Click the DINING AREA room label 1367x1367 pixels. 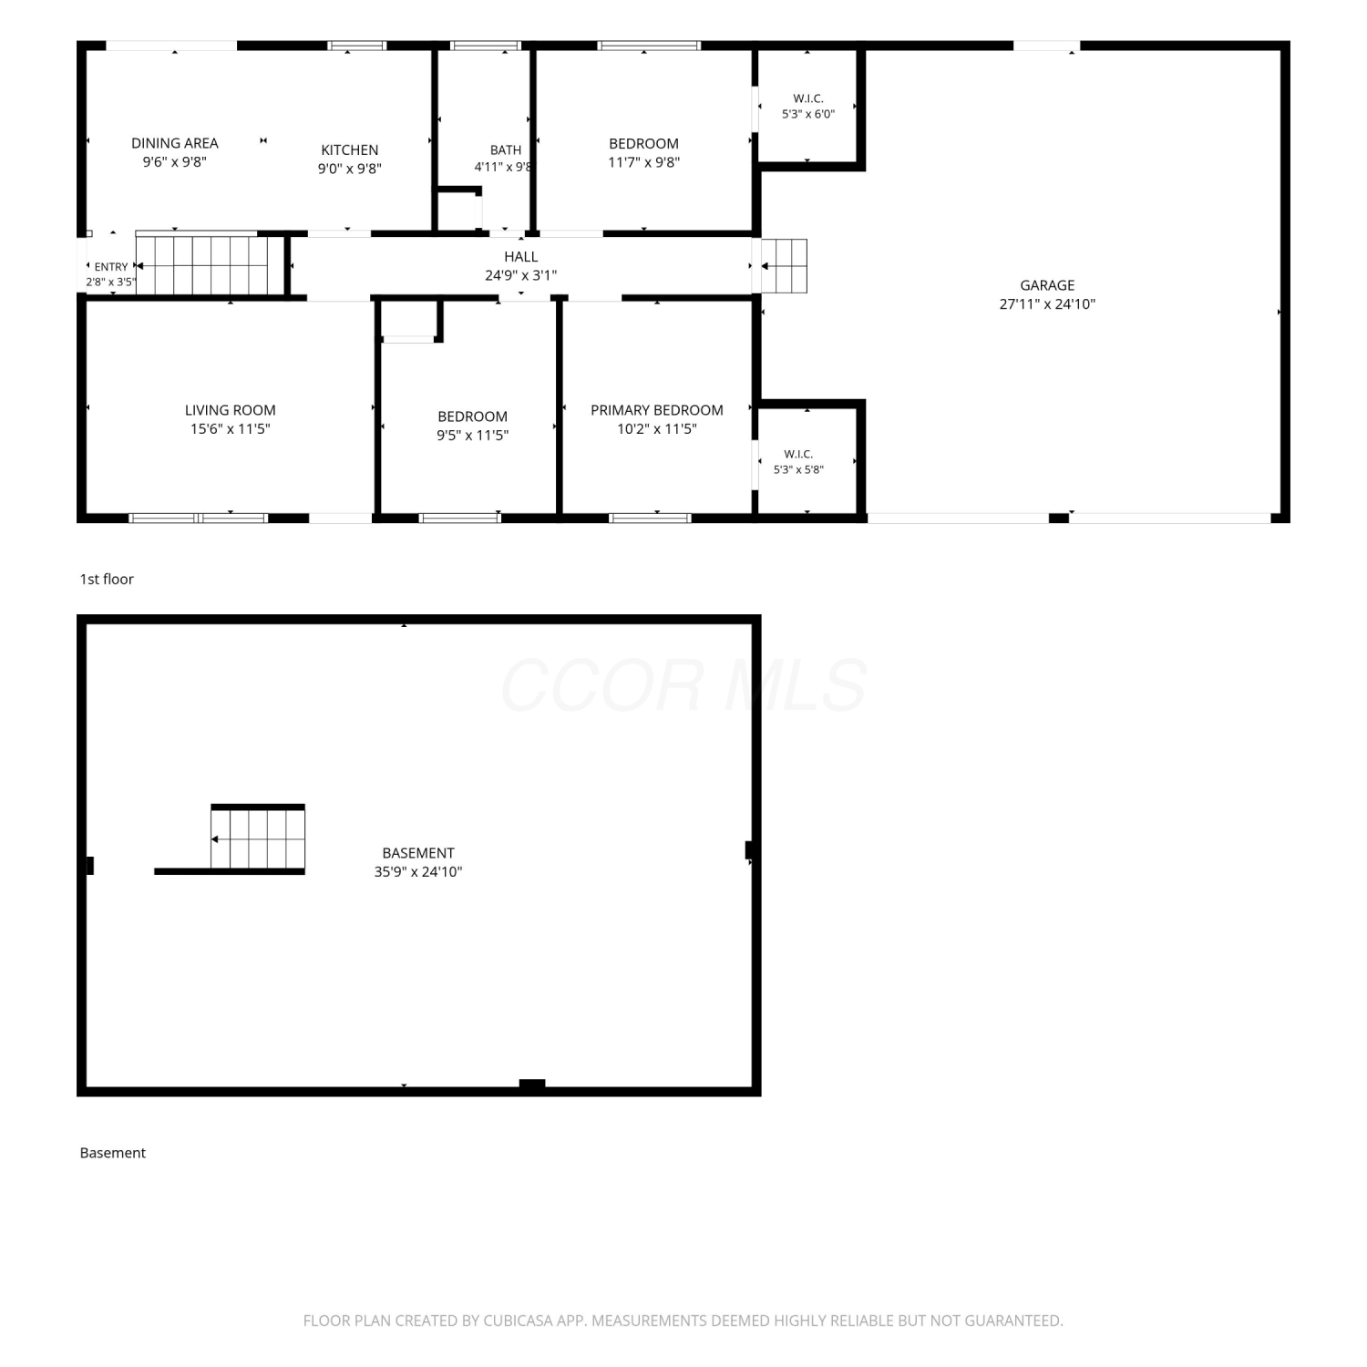pyautogui.click(x=175, y=143)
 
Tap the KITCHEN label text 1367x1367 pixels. pyautogui.click(x=350, y=150)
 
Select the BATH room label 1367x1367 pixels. pyautogui.click(x=506, y=150)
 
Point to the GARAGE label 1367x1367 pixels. pyautogui.click(x=1047, y=285)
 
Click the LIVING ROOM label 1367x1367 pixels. pyautogui.click(x=231, y=410)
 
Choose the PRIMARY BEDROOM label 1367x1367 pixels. pyautogui.click(x=657, y=410)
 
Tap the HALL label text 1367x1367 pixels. pyautogui.click(x=521, y=257)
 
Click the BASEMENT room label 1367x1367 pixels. pyautogui.click(x=418, y=853)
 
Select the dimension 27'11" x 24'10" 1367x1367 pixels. pyautogui.click(x=1047, y=304)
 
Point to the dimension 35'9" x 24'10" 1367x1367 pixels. pyautogui.click(x=418, y=872)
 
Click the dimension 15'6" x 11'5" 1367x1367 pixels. pyautogui.click(x=231, y=429)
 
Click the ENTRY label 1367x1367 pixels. pyautogui.click(x=111, y=267)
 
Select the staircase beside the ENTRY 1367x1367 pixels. pyautogui.click(x=202, y=265)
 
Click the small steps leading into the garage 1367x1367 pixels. pyautogui.click(x=785, y=266)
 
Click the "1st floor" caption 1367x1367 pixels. pyautogui.click(x=107, y=579)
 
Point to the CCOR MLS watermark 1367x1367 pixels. pyautogui.click(x=683, y=685)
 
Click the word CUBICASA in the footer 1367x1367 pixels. pyautogui.click(x=518, y=1321)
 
